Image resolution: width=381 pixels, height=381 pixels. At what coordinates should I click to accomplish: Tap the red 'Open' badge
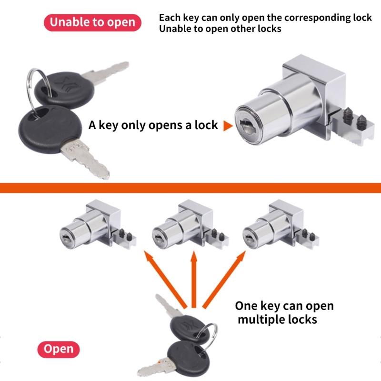click(59, 349)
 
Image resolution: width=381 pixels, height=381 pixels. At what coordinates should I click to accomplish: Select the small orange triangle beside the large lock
click(228, 126)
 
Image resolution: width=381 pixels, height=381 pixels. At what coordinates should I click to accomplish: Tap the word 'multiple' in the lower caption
click(260, 319)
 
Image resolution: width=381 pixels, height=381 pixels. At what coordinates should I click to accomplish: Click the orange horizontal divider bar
click(190, 187)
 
